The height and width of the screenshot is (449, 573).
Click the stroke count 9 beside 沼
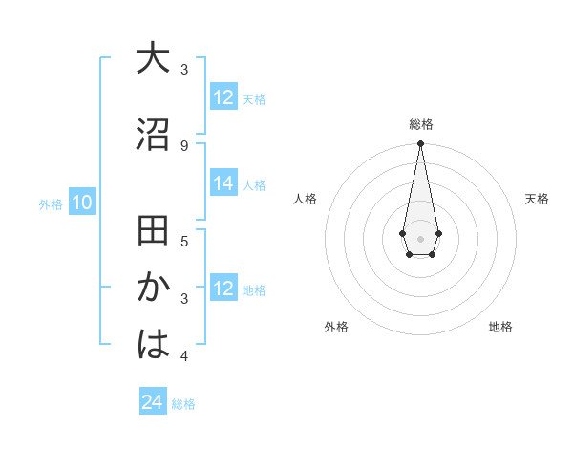184,145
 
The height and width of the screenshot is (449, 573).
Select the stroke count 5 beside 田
184,241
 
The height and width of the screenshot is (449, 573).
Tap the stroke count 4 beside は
184,356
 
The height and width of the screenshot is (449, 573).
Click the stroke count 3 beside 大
184,70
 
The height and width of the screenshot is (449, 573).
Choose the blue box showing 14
223,184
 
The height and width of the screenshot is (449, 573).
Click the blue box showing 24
153,402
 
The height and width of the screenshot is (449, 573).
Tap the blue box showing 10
81,203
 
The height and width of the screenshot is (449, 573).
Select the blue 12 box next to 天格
223,97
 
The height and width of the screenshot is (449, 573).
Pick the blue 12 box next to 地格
223,289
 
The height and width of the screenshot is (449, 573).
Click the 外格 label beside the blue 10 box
51,203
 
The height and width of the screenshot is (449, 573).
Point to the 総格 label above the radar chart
420,124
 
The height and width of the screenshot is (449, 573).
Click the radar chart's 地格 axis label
500,327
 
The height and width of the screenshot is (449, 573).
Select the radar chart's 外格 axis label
336,327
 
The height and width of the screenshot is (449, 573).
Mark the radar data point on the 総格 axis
420,144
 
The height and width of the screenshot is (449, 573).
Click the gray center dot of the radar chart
420,237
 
